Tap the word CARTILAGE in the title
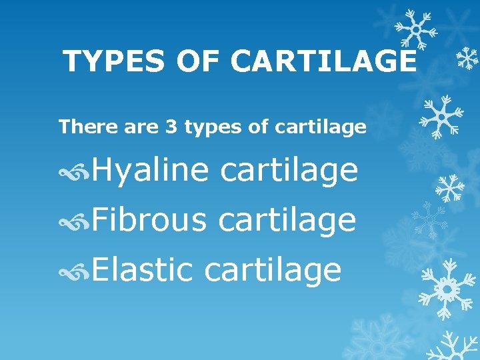coord(324,62)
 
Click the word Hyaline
coord(151,171)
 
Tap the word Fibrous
coord(149,220)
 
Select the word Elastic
coord(143,270)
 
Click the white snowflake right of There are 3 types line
coord(441,114)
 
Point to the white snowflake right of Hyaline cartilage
coord(449,187)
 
